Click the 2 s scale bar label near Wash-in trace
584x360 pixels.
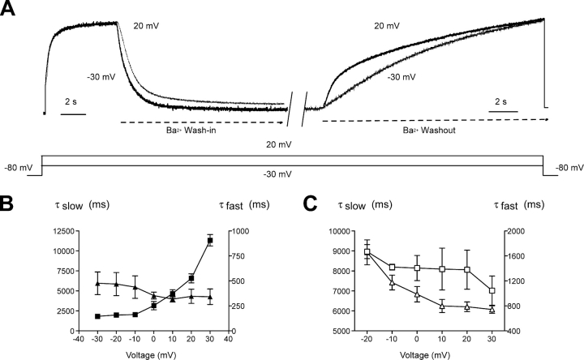(72, 101)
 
